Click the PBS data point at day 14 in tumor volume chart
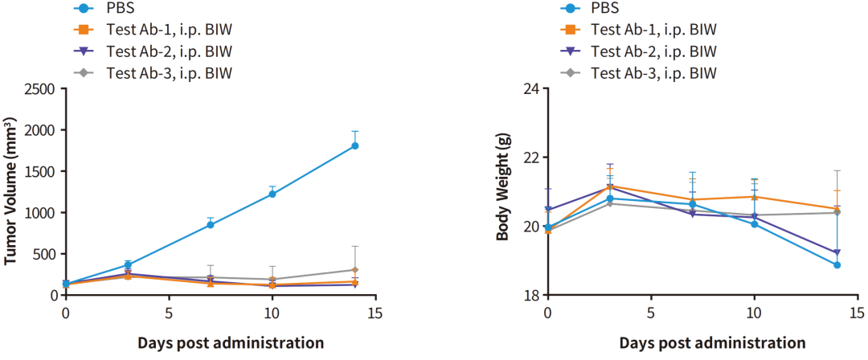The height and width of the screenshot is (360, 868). pos(354,146)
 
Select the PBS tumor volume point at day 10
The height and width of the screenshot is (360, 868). pos(272,194)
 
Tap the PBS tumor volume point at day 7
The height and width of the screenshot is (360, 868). pos(211,224)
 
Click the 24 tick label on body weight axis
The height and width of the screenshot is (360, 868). pos(530,88)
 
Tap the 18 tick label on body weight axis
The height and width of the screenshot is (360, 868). pos(530,295)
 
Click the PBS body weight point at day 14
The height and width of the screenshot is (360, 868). pos(837,264)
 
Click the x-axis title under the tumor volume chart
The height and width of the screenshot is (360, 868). pos(230,343)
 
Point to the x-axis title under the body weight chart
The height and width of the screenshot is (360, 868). pos(712,343)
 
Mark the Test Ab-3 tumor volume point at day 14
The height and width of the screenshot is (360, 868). pos(354,270)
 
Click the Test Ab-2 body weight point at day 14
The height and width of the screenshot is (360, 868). pos(837,252)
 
